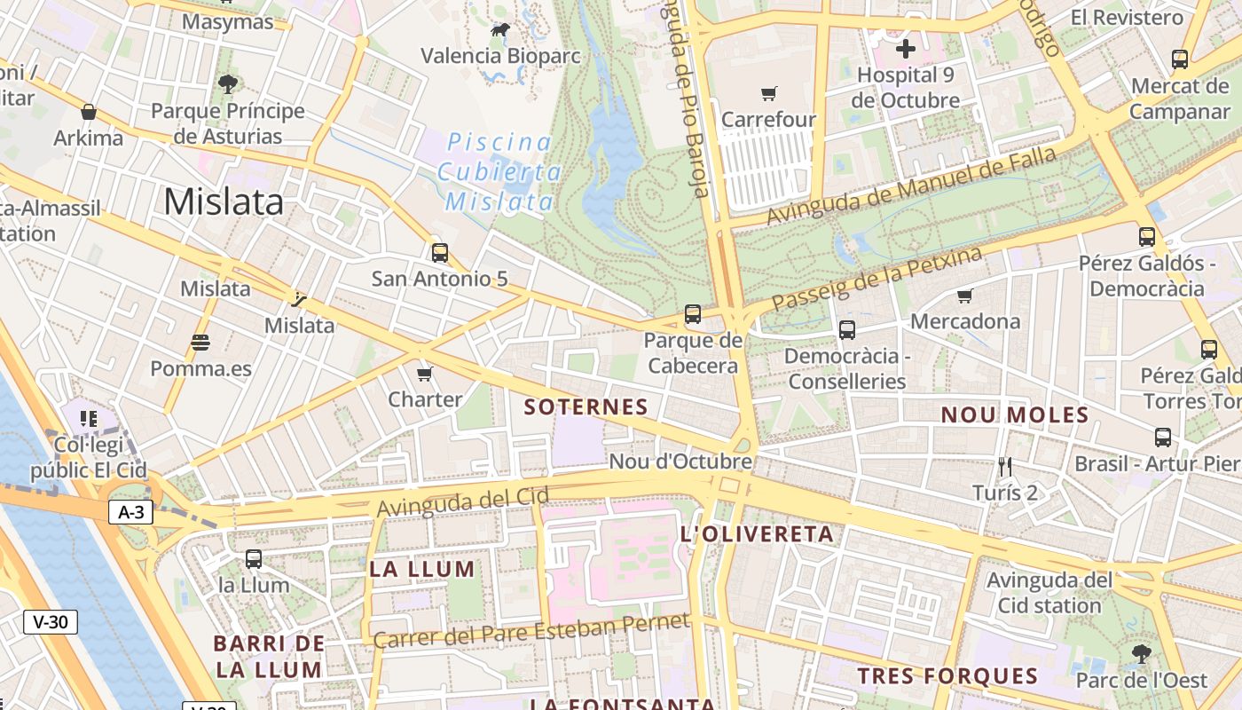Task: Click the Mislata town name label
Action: (x=224, y=202)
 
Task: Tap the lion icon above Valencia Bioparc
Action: (x=500, y=30)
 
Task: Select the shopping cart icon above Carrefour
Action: (x=769, y=93)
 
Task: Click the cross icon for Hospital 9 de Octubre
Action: (x=905, y=49)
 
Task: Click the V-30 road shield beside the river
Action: (x=51, y=622)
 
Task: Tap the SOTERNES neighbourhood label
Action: (x=586, y=407)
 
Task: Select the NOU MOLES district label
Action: (x=1015, y=415)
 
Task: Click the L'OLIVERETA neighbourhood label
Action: (x=757, y=534)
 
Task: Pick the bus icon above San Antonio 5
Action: (x=440, y=253)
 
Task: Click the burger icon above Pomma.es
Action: (x=200, y=343)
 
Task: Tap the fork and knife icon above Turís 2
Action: (x=1005, y=467)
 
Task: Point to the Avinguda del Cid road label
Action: (x=463, y=501)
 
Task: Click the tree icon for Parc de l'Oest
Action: (x=1142, y=654)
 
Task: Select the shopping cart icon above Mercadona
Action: (x=965, y=296)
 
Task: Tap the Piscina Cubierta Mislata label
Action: (x=499, y=172)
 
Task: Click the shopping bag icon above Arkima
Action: (x=89, y=112)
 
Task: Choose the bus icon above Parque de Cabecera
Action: (x=693, y=314)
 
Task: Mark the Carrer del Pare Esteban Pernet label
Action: (x=531, y=631)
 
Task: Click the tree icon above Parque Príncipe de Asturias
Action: (x=228, y=84)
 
